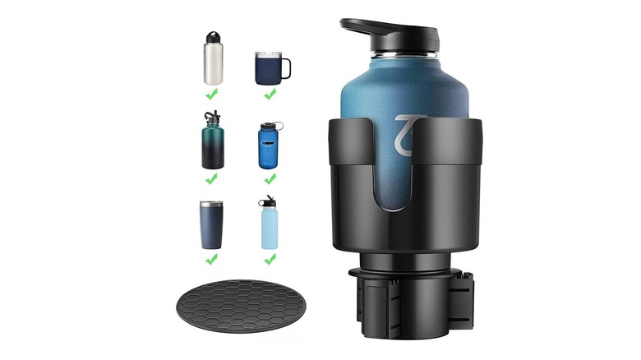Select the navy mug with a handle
(x=270, y=68)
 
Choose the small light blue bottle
(x=269, y=227)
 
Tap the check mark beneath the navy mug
(x=270, y=95)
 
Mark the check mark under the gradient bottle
(x=211, y=178)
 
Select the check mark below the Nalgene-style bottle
(x=270, y=178)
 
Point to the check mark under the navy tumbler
(x=211, y=259)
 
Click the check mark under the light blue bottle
(x=270, y=259)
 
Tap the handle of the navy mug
(x=285, y=68)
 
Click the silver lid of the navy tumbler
(x=210, y=204)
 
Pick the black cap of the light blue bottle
(x=267, y=201)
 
